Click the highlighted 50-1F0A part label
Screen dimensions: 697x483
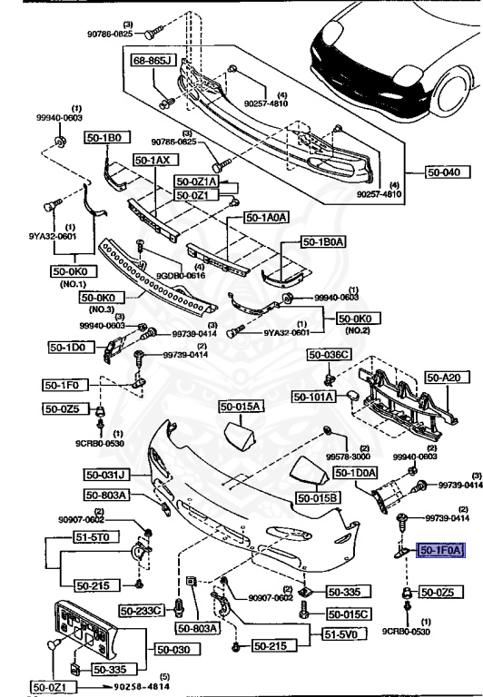440,549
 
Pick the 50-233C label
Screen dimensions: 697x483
141,610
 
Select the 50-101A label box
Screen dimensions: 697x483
314,397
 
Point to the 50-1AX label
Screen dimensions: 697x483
153,160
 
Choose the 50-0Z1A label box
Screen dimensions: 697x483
196,182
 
